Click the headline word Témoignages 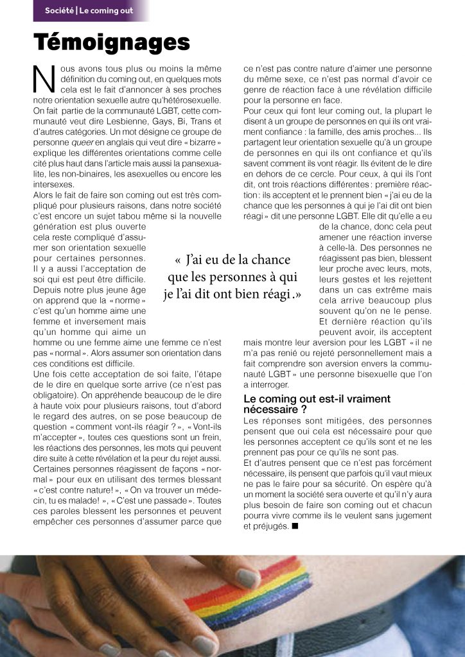pyautogui.click(x=112, y=42)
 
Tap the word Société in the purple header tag pyautogui.click(x=59, y=11)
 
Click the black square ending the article pyautogui.click(x=295, y=527)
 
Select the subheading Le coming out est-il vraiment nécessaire pyautogui.click(x=317, y=404)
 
